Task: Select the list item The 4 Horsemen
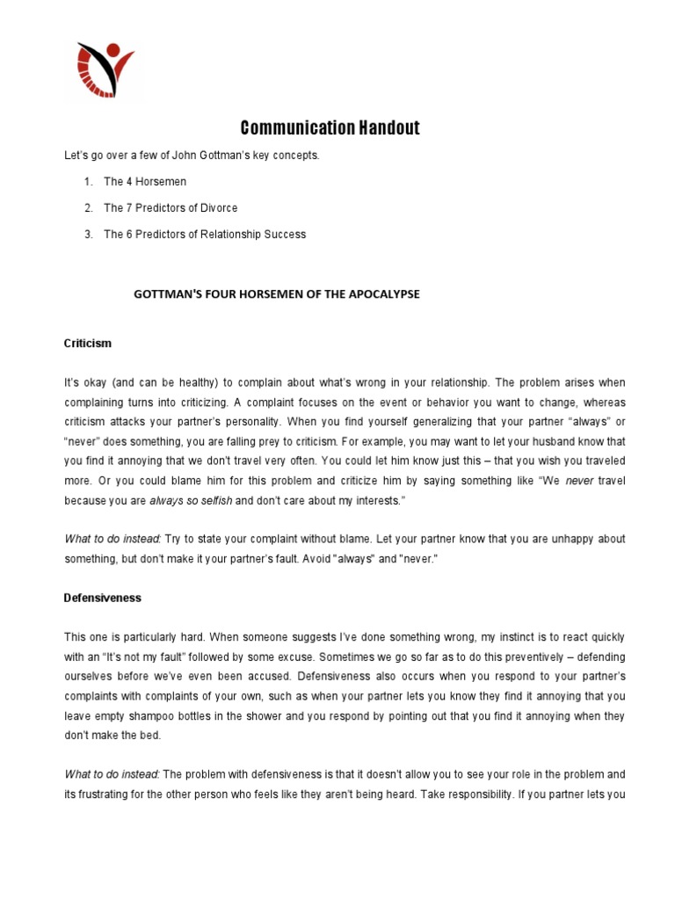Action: point(145,182)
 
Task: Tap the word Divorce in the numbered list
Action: point(218,208)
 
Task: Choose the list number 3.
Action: point(88,235)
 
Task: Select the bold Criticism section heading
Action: point(88,343)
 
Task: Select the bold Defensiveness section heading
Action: point(103,598)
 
